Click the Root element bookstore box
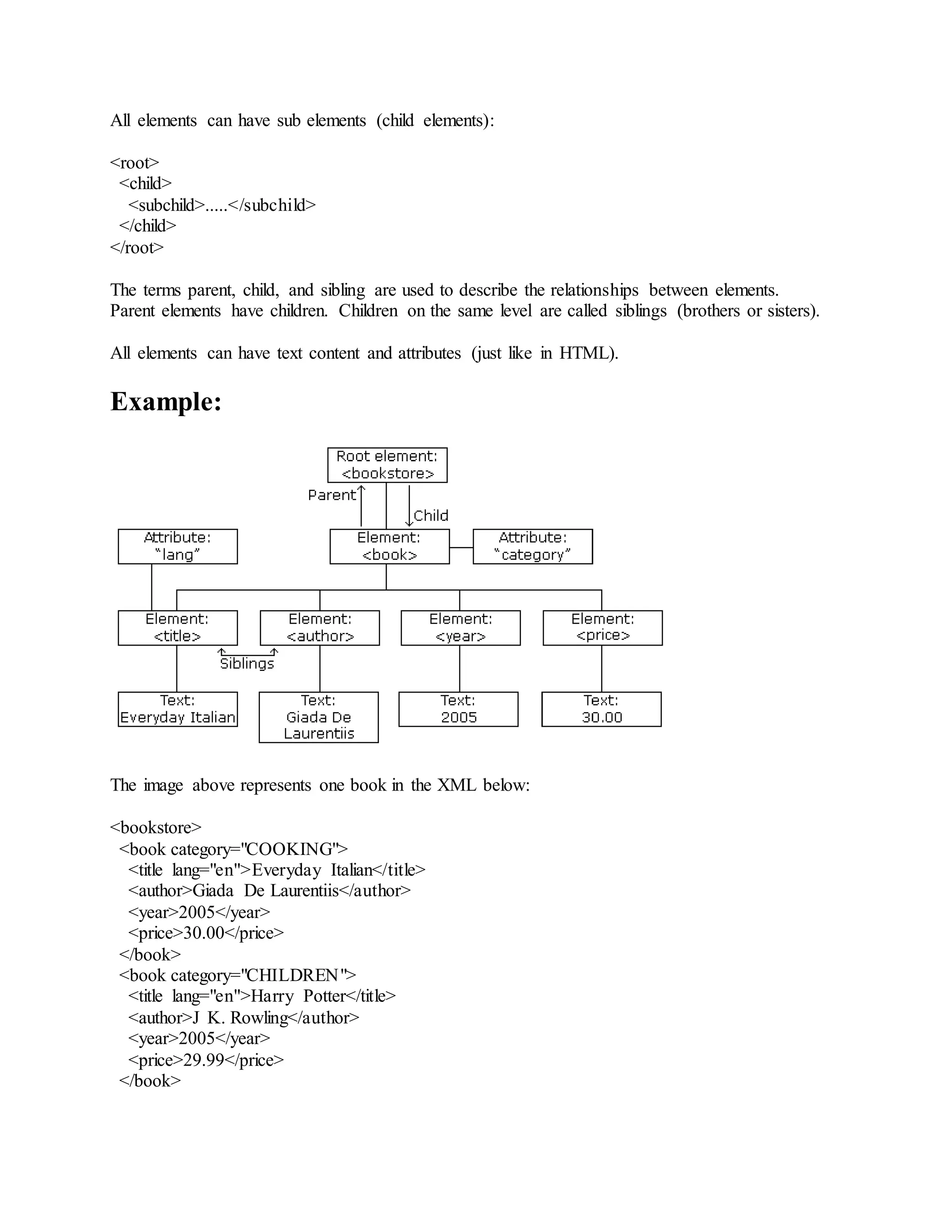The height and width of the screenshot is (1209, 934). (x=387, y=465)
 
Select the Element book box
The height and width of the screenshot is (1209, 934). (x=389, y=547)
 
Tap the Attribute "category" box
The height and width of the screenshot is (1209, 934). (x=532, y=547)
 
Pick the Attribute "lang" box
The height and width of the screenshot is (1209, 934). (x=177, y=547)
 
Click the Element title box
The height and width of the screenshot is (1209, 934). (x=177, y=628)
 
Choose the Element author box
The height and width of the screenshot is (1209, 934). (x=320, y=628)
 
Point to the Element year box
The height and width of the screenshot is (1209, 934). (x=460, y=628)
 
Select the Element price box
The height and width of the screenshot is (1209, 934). (x=602, y=628)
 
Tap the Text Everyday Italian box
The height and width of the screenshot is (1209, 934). (x=177, y=709)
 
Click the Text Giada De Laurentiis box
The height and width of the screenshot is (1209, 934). (x=319, y=717)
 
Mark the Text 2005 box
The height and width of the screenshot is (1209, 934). (x=458, y=709)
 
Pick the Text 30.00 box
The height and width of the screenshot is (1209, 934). (x=602, y=709)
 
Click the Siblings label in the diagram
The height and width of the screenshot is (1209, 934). (x=247, y=664)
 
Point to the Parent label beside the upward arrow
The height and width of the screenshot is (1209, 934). (x=332, y=495)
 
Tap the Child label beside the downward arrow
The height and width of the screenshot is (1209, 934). (x=431, y=516)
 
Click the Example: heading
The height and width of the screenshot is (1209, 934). (x=166, y=401)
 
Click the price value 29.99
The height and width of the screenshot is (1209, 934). (x=203, y=1060)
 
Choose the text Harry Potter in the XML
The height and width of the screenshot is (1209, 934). (x=298, y=996)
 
